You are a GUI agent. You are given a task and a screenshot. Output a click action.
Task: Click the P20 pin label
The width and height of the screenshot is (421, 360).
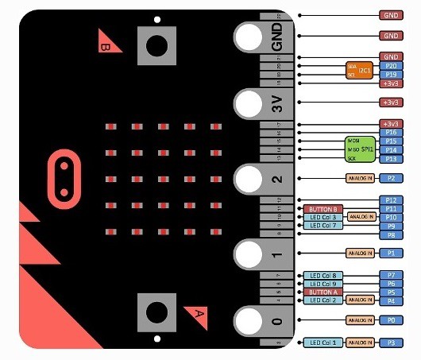coord(390,66)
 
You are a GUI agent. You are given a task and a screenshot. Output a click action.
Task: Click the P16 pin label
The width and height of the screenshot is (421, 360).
coord(390,132)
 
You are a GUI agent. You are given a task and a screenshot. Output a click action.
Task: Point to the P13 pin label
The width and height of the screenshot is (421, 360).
coord(390,159)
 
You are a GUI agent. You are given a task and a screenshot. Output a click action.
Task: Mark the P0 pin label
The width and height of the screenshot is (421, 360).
coord(390,319)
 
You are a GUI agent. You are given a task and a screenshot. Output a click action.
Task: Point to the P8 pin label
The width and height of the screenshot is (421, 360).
coord(390,235)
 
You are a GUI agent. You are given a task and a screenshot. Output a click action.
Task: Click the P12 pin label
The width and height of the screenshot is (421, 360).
coord(390,199)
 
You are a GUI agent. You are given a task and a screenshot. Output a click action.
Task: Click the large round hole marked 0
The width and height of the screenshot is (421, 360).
coord(249,321)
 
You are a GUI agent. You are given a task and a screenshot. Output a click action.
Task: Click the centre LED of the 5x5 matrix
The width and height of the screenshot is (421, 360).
coord(163,178)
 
